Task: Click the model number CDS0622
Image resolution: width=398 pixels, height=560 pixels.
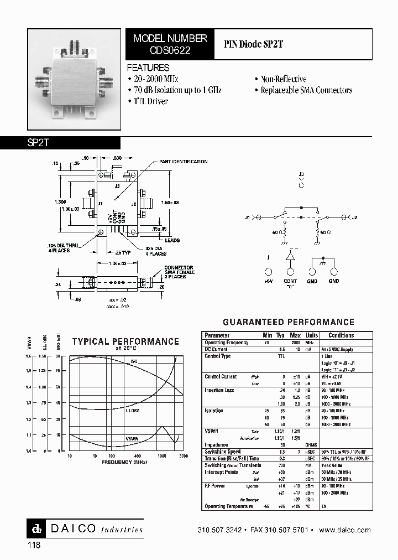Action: (170, 50)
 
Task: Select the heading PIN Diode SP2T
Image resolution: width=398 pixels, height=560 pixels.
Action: (254, 44)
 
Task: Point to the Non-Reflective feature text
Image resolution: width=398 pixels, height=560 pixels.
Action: (283, 79)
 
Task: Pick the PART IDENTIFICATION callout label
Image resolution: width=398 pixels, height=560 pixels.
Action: (183, 162)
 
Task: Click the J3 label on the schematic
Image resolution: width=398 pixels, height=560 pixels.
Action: (301, 174)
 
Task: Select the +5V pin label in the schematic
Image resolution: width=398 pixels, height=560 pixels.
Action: (268, 282)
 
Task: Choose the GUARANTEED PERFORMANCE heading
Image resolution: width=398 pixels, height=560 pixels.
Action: (288, 322)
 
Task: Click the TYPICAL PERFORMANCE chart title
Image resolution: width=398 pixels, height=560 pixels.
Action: (125, 341)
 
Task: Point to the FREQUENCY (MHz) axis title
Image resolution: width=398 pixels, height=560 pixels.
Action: (125, 461)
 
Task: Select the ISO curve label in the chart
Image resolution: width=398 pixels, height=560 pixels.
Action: (133, 361)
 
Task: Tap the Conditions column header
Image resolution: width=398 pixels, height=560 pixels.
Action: (341, 335)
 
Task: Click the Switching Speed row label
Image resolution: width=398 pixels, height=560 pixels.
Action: (222, 452)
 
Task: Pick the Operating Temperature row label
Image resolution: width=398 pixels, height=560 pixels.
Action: (228, 506)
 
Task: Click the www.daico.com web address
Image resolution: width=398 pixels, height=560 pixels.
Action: (346, 530)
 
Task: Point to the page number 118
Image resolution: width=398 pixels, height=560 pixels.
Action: (33, 545)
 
